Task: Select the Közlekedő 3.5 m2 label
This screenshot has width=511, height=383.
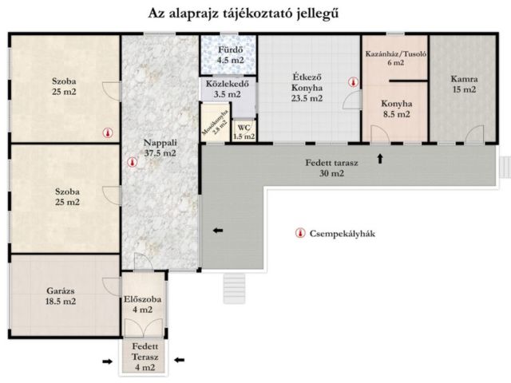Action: pos(228,88)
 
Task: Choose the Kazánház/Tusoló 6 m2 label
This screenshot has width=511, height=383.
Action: pos(394,58)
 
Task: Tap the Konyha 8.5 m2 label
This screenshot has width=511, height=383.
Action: pos(395,109)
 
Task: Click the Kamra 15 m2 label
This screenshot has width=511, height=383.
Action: pos(463,84)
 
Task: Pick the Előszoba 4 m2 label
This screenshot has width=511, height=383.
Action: pos(144,304)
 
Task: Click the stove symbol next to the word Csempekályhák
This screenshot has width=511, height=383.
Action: pos(300,235)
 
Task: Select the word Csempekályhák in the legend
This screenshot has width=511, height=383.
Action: pos(346,235)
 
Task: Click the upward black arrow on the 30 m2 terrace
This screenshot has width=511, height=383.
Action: pos(380,159)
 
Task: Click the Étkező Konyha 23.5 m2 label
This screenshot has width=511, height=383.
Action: pos(306,89)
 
